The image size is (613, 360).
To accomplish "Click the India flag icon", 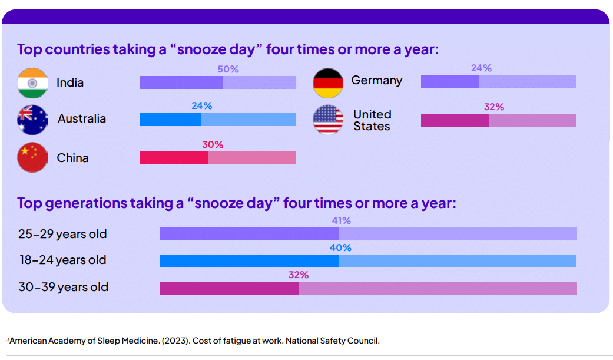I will (32, 83).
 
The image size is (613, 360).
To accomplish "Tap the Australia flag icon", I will (32, 120).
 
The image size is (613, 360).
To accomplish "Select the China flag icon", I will (32, 157).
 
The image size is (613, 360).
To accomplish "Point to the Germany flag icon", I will (328, 82).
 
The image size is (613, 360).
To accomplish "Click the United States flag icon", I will (328, 120).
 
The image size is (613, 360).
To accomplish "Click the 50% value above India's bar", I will (228, 70).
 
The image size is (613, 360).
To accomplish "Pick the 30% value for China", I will (213, 145).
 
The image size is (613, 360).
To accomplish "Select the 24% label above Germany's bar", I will (481, 68).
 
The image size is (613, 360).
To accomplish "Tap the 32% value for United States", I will (494, 107).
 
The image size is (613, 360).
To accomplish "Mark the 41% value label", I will (341, 221).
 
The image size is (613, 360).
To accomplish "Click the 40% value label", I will (340, 248).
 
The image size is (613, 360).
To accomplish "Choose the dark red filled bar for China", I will (174, 158).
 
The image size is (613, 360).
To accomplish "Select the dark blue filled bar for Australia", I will (170, 120).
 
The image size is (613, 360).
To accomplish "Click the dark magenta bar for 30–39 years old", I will (229, 288).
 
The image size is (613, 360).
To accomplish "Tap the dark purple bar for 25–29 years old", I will (248, 234).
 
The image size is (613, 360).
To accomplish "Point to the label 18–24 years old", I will (62, 260).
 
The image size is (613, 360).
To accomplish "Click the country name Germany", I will (377, 80).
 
